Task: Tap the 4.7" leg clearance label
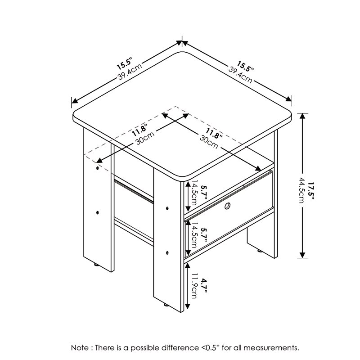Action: [x=203, y=286]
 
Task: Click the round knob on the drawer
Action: [x=228, y=207]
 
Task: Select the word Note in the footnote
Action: [x=79, y=348]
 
